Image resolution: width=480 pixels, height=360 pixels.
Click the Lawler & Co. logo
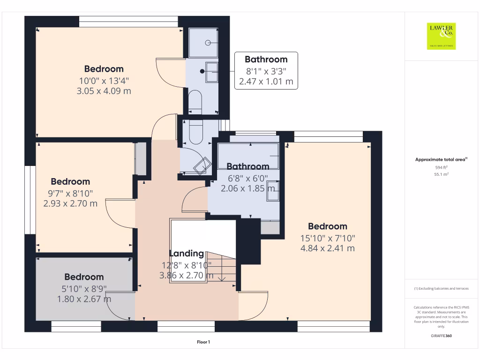coord(441,36)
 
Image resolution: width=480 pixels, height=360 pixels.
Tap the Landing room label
coord(187,254)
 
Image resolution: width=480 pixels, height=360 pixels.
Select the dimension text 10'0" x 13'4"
coord(104,80)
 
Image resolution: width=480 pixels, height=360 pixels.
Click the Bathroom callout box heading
coord(266,60)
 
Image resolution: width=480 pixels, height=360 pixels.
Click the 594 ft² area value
coord(441,167)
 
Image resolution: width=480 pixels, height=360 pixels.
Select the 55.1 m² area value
coord(441,174)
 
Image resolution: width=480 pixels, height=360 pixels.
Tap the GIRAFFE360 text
coord(441,336)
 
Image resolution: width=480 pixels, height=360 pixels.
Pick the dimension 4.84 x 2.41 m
coord(328,248)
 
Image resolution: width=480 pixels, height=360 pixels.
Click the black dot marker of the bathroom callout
coord(202,71)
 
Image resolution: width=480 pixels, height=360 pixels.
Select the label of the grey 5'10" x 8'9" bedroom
coord(84,277)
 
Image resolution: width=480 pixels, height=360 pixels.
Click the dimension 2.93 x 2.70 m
coord(70,203)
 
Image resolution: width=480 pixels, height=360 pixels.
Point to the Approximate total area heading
coord(441,160)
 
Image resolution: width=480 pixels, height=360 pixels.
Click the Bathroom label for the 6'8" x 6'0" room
coord(248,166)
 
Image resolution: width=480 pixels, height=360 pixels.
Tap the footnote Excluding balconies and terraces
coord(441,289)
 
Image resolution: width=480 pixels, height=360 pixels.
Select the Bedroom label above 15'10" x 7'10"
coord(328,226)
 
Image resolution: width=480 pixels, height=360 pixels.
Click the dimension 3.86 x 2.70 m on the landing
coord(187,276)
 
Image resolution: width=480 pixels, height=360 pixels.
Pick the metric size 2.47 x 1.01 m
coord(266,82)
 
